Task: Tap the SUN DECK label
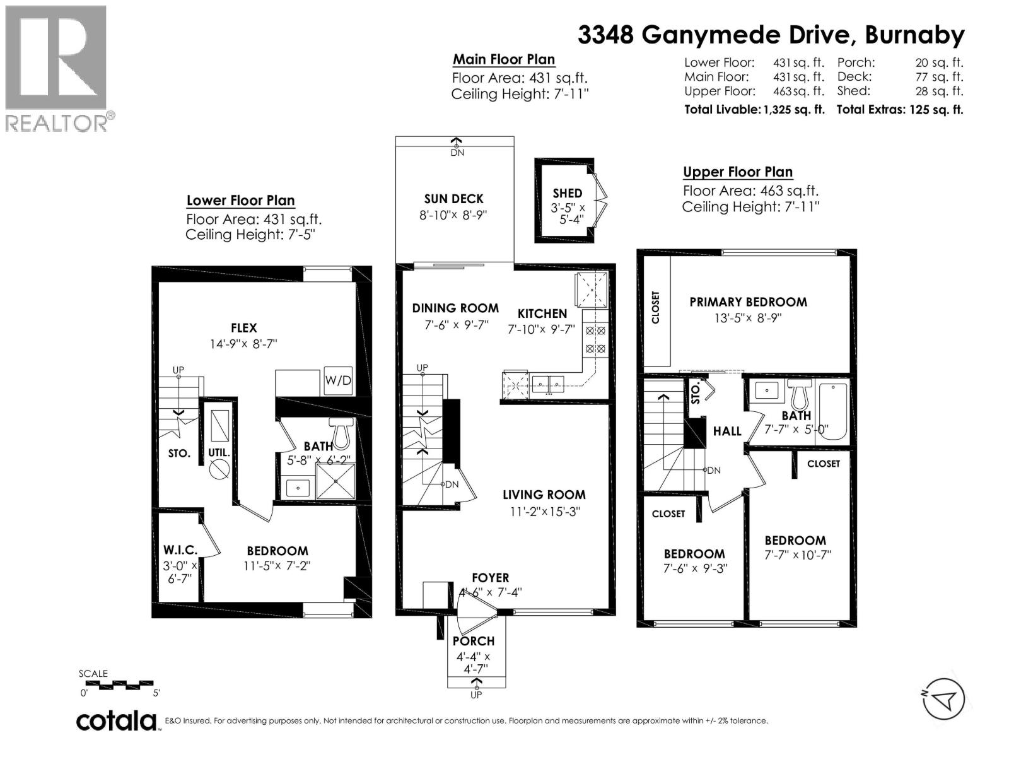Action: [453, 199]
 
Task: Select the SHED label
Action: [568, 194]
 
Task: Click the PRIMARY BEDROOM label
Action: [748, 302]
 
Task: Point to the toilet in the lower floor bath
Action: [342, 433]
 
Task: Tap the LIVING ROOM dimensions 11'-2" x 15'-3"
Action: [545, 512]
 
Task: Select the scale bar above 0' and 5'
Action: [117, 684]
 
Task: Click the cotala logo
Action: [117, 721]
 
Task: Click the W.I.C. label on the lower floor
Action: [180, 550]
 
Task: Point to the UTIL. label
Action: [219, 453]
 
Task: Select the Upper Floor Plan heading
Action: [737, 172]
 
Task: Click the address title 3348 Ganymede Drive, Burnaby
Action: [771, 35]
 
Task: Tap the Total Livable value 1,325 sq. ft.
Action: [794, 109]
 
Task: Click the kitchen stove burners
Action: [595, 339]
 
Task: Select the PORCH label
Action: [474, 641]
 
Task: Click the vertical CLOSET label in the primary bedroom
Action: [656, 307]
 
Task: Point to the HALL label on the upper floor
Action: [727, 431]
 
